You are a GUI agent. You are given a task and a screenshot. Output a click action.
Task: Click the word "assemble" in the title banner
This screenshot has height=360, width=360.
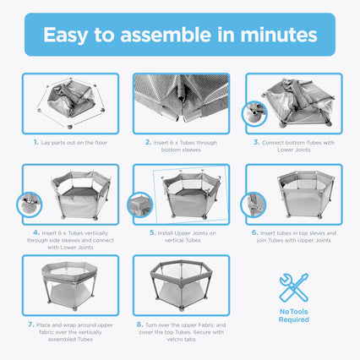pos(166,35)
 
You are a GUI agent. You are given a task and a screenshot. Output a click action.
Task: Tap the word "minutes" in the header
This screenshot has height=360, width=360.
pos(279,35)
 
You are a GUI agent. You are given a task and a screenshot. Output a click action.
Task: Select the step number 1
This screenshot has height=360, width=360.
pos(36,142)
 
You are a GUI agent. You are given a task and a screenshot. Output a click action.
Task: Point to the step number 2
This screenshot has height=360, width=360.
pos(149,142)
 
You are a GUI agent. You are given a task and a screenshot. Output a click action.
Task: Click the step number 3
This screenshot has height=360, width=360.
pos(256,142)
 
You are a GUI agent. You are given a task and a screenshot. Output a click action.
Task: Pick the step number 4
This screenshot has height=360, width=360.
pos(36,233)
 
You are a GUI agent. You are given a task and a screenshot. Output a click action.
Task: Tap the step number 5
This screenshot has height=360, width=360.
pos(153,233)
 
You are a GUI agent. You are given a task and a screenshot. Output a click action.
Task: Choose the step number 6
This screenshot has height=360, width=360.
pos(255,233)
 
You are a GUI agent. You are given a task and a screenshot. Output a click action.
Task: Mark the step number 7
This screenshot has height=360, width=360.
pos(31,325)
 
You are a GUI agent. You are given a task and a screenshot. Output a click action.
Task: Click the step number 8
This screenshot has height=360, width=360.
pos(140,325)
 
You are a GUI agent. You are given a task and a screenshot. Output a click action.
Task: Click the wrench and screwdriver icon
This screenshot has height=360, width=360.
pos(294,287)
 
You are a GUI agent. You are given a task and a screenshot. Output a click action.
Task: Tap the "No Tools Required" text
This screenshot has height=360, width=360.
pos(294,315)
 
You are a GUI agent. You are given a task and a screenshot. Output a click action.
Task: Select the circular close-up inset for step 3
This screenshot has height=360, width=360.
pos(254,114)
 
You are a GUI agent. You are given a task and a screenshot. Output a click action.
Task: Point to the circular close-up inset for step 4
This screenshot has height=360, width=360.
pos(30,205)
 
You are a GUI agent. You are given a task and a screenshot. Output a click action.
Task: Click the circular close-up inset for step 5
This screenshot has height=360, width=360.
pos(140,205)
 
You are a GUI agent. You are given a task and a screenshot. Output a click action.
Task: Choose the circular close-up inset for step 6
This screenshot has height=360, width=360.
pos(254,205)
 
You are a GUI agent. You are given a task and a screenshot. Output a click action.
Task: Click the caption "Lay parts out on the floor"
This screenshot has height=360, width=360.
pos(74,143)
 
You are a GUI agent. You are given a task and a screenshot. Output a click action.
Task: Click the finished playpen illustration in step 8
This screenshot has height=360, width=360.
pos(182,285)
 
